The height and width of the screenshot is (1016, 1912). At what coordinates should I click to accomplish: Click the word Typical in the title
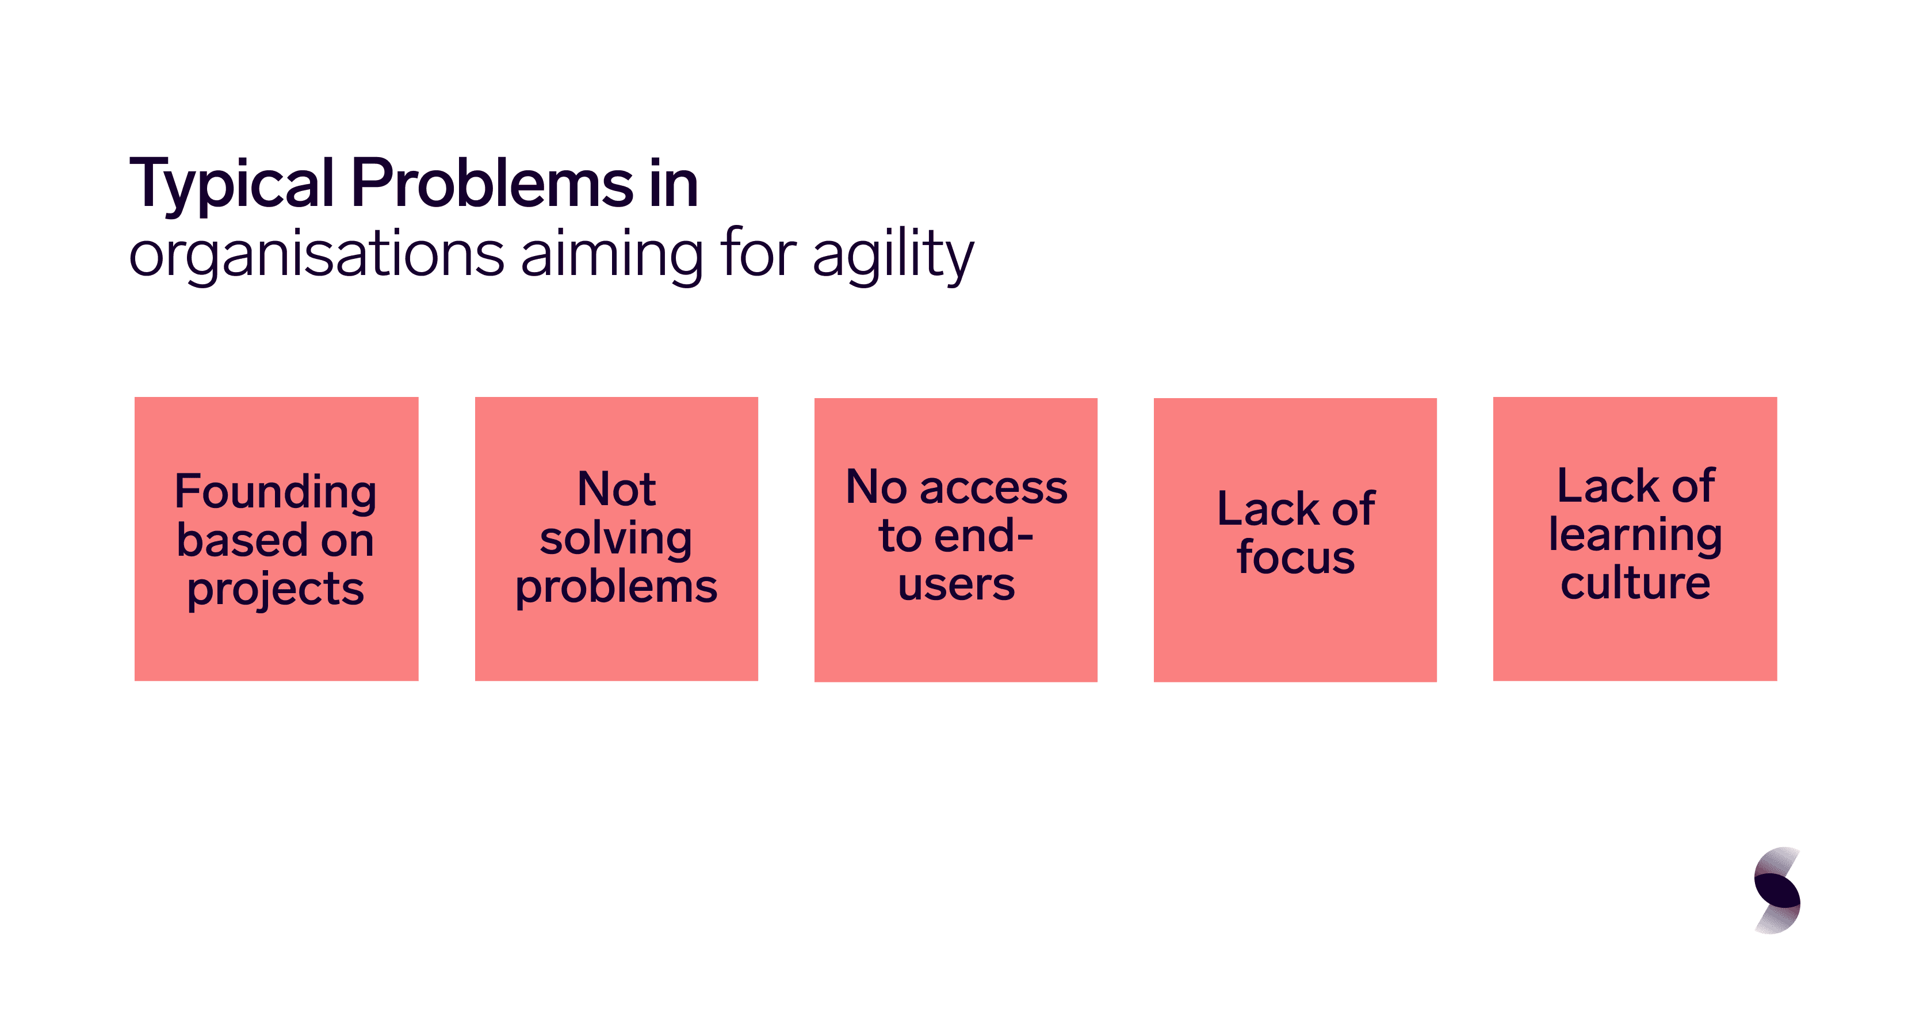pos(232,185)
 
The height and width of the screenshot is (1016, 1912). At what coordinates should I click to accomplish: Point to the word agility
pos(893,254)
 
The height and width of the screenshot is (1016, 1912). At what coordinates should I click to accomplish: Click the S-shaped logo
pos(1777,890)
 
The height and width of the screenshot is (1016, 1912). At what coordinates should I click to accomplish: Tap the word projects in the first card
pos(276,591)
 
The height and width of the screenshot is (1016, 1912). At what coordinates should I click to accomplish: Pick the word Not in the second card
pos(616,489)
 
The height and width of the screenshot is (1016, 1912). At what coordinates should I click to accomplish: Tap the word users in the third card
pos(956,586)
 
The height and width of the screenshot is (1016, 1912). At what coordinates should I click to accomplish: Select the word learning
pos(1635,535)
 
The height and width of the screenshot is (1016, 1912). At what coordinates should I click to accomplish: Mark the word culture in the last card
pos(1635,583)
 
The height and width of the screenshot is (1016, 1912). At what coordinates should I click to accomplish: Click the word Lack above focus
pos(1268,509)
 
